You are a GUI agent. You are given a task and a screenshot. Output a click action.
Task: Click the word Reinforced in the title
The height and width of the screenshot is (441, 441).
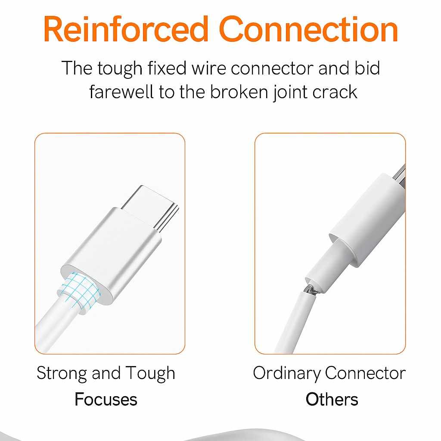coord(126,29)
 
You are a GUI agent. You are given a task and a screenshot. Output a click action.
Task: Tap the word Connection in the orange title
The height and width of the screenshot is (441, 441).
coord(308,29)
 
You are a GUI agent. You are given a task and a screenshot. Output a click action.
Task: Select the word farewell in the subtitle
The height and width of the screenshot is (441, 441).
coord(121,92)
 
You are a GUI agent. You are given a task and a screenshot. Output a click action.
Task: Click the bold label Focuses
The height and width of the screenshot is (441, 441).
coord(106,399)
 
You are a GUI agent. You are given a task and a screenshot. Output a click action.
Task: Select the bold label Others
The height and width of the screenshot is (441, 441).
coord(332,399)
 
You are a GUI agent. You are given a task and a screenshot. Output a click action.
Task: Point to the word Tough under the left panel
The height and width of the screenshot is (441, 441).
coord(150,374)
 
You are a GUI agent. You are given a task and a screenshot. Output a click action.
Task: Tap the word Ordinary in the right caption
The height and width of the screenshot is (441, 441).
coord(286,374)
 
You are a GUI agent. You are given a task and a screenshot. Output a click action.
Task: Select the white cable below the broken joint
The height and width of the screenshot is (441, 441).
coord(292,323)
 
